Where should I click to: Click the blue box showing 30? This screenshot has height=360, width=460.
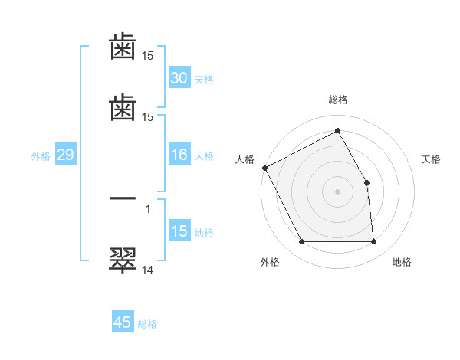[179, 78]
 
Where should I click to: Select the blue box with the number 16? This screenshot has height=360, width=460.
[179, 155]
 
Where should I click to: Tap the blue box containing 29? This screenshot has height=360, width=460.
[65, 155]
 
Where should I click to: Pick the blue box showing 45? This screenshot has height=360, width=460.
[123, 322]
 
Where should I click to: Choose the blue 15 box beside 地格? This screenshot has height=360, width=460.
[179, 231]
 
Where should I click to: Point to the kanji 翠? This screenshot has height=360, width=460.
[123, 259]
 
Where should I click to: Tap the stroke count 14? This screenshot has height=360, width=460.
[147, 270]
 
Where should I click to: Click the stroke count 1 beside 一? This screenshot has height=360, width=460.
[148, 208]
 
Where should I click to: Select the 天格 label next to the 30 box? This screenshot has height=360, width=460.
[203, 80]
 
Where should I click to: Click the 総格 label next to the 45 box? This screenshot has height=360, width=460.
[147, 324]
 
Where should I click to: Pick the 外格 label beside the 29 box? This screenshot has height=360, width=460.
[41, 156]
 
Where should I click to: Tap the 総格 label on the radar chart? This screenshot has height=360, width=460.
[338, 100]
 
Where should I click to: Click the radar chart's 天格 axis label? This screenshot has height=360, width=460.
[432, 159]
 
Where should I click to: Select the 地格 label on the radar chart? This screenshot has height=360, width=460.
[402, 263]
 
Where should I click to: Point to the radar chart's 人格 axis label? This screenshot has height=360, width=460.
[245, 159]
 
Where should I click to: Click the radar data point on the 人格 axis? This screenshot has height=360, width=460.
[264, 168]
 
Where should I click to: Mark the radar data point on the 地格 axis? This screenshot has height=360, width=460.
[374, 242]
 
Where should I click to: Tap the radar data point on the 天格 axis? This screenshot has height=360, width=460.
[366, 182]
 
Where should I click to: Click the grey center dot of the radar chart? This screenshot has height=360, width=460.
[338, 191]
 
